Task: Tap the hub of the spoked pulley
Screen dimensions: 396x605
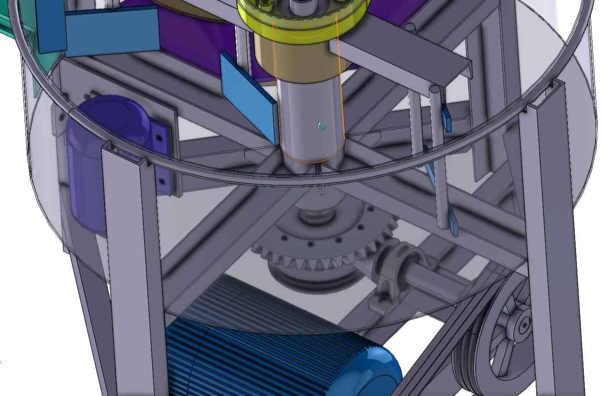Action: pos(525,323)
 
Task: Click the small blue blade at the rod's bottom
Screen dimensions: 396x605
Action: pos(454,225)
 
